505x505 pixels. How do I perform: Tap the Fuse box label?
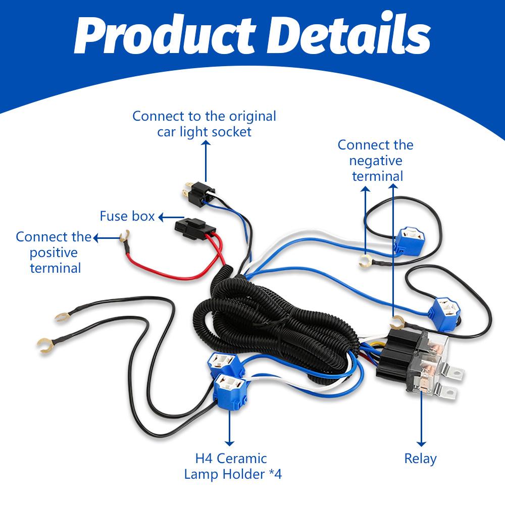(127, 217)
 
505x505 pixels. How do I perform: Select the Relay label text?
(420, 459)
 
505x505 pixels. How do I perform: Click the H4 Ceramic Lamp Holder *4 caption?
(231, 466)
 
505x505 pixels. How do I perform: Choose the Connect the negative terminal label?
(376, 160)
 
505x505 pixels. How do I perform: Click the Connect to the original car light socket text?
(205, 124)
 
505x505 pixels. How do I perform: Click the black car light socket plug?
(198, 191)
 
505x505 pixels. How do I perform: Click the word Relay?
(420, 459)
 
